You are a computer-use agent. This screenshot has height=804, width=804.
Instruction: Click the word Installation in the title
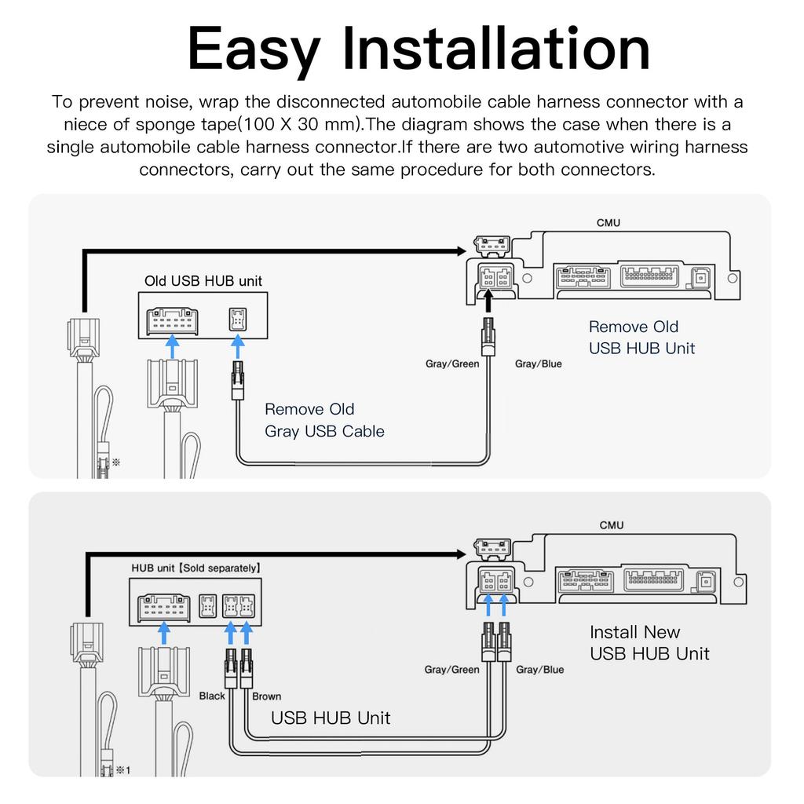[x=499, y=49]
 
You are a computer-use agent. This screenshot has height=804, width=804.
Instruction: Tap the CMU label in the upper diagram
[x=608, y=223]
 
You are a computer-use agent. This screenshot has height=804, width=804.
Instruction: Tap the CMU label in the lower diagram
[x=612, y=524]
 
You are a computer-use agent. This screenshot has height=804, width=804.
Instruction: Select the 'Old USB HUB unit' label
[x=203, y=280]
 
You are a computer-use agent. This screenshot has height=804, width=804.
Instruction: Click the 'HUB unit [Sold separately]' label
[x=196, y=568]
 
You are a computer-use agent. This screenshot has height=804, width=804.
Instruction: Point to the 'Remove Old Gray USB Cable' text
[x=324, y=420]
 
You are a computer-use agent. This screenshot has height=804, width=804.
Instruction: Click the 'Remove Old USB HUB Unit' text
[x=641, y=338]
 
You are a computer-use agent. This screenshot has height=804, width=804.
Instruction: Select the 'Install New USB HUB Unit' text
[x=649, y=642]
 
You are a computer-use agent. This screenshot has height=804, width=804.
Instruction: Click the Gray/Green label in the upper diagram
[x=452, y=364]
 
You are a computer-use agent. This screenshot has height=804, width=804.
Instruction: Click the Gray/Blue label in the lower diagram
[x=539, y=670]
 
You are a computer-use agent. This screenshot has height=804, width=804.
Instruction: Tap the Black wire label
[x=212, y=696]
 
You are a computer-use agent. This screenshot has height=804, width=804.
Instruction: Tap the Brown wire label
[x=266, y=696]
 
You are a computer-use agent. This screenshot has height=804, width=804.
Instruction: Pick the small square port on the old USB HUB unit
[x=236, y=320]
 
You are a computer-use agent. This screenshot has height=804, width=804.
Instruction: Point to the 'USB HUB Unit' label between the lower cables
[x=330, y=718]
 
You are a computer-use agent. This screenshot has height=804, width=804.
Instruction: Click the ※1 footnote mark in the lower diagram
[x=122, y=770]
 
